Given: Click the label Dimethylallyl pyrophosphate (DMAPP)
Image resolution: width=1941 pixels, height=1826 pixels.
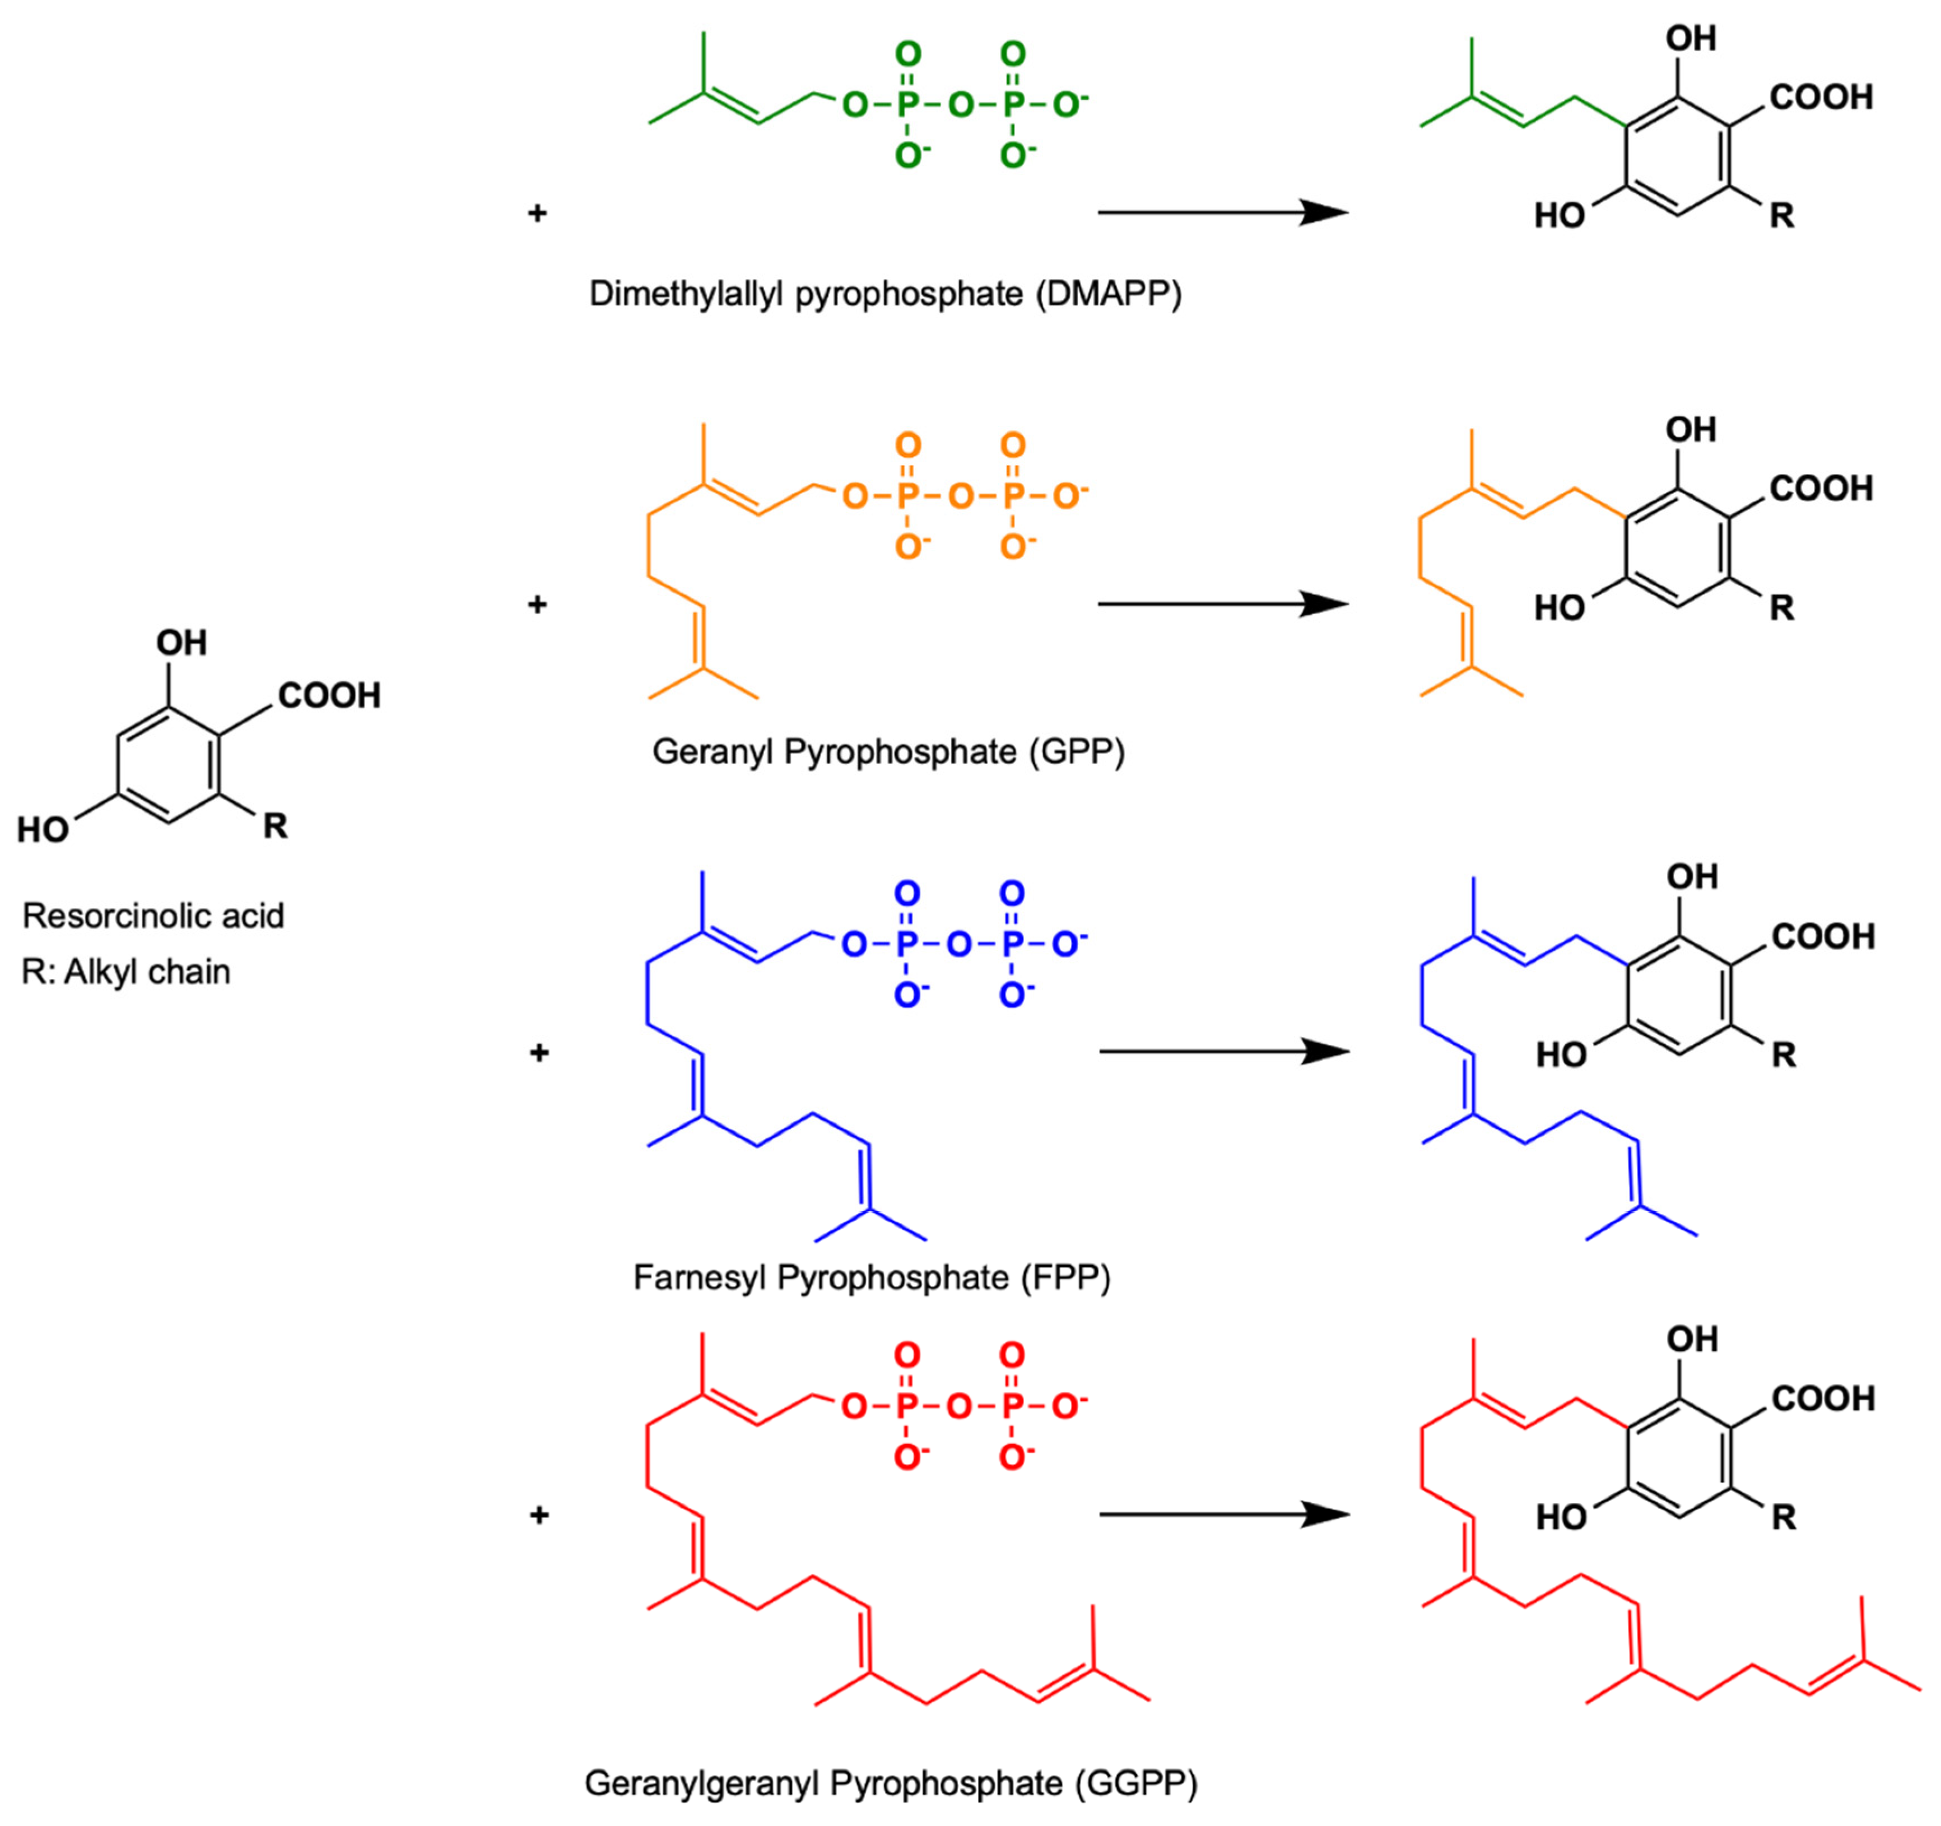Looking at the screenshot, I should tap(885, 294).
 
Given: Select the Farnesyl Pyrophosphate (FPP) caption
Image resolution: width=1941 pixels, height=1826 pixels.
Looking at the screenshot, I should tap(872, 1277).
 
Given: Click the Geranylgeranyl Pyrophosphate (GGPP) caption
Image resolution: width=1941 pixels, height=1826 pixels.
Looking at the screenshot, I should tap(891, 1783).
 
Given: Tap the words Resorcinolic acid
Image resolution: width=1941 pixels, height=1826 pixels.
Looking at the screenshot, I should tap(153, 916).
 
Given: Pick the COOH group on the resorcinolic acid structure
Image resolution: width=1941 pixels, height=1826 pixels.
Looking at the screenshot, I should tap(329, 696).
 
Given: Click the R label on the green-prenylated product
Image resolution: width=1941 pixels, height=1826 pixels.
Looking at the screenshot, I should tap(1782, 216).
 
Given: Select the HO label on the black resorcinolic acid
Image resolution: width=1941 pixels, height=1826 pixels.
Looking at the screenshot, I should tap(43, 830).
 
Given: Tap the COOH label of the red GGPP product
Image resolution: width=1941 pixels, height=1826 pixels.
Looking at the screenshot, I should tap(1823, 1398).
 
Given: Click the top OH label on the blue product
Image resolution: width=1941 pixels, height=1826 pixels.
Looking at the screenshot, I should tap(1692, 877).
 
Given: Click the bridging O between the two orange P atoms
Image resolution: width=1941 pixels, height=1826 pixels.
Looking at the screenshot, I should tap(961, 496).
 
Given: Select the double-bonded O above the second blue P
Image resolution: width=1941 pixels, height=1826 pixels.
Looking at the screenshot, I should tap(1012, 894).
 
